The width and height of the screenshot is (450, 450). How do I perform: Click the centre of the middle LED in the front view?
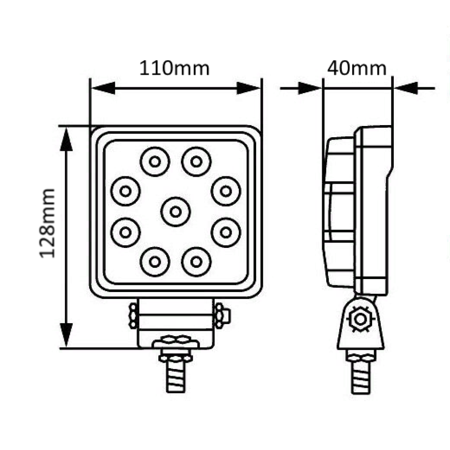point(175,212)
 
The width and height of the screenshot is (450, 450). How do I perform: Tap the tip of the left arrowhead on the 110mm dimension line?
point(91,88)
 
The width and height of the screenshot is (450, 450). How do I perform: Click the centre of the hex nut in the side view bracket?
point(360,319)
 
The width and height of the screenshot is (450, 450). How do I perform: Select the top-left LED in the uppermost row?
point(155,162)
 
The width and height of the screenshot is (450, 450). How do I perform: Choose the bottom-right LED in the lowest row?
point(196,261)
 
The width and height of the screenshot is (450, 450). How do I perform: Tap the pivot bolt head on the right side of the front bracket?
point(223,315)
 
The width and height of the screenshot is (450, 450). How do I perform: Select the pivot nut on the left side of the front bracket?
point(133,316)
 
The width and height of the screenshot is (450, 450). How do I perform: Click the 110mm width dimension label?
point(175,68)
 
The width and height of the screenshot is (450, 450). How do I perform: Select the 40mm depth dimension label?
point(357,68)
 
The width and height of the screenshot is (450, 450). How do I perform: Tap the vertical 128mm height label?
point(47,223)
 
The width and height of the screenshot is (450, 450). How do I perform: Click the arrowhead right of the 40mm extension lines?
point(405,88)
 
